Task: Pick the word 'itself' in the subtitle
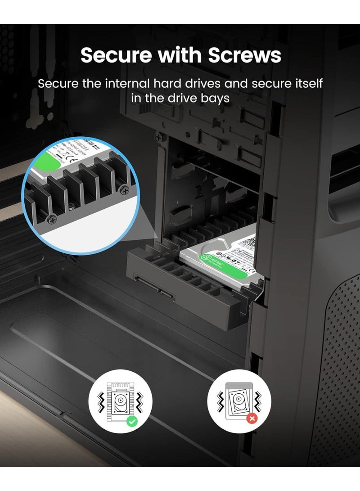click(306, 84)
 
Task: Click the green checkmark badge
click(132, 421)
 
